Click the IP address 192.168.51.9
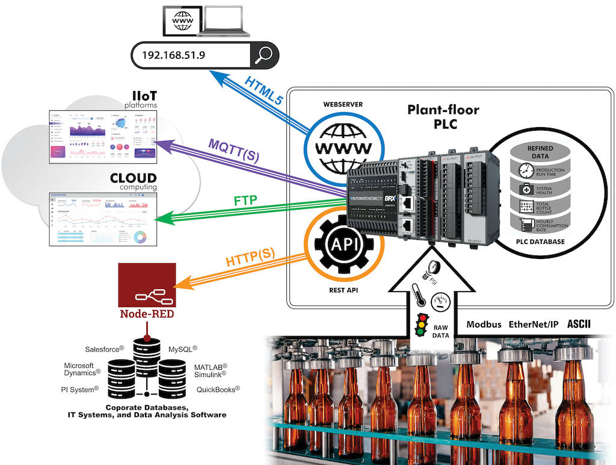pos(174,55)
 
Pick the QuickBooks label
pos(218,390)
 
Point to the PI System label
pos(79,390)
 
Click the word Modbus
pos(484,324)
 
